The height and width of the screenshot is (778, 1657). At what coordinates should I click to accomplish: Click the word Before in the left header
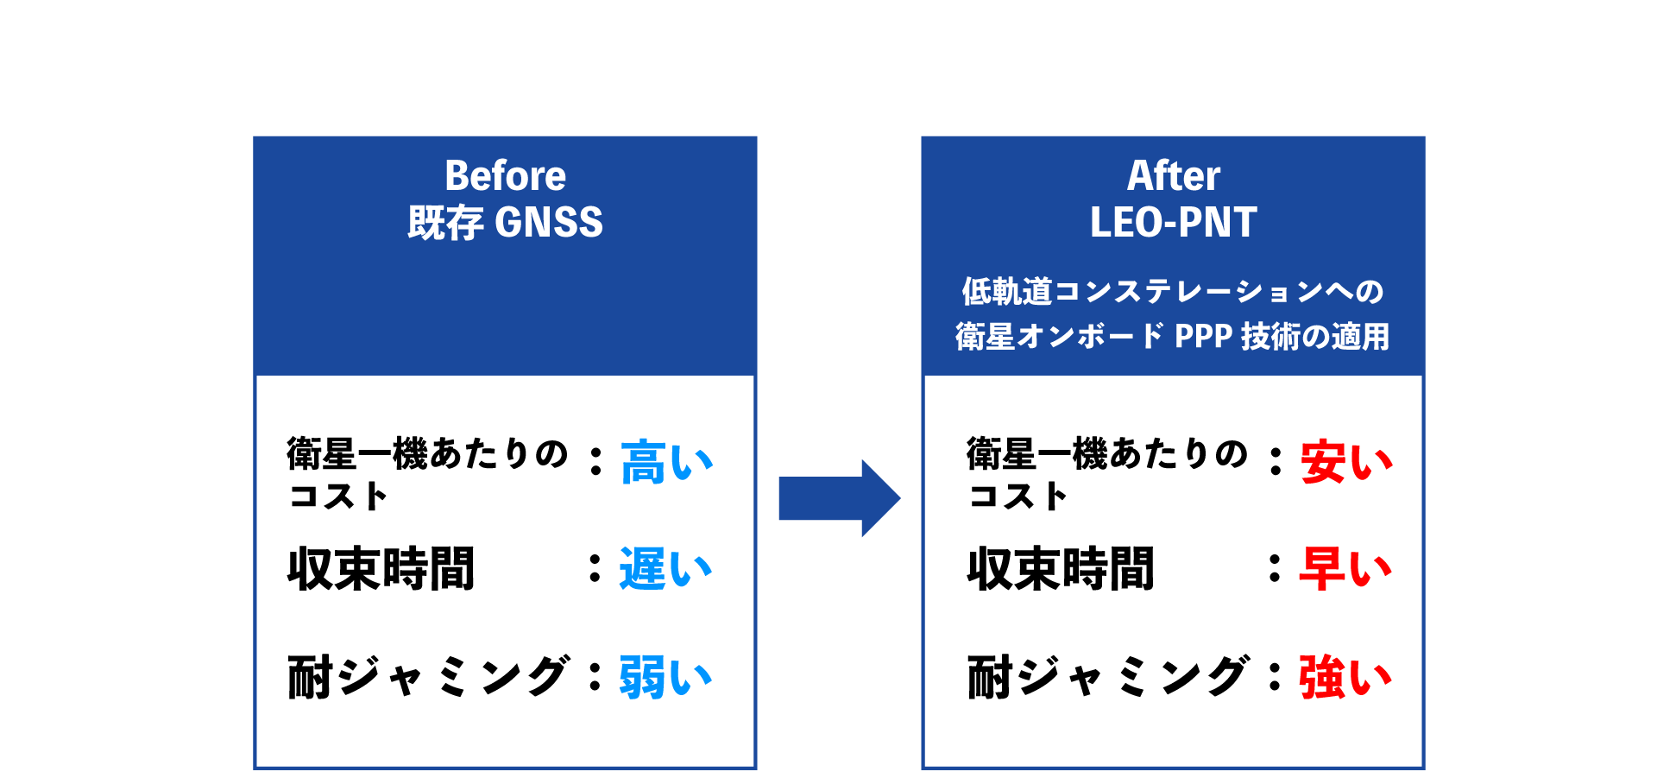tap(505, 176)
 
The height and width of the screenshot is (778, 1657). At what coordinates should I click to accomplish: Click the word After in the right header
tap(1173, 176)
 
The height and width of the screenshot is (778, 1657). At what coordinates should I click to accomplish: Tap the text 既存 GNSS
tap(505, 223)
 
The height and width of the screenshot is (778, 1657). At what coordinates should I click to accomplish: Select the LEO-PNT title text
tap(1173, 223)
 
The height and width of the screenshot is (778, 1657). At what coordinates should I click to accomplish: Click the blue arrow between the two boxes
tap(839, 498)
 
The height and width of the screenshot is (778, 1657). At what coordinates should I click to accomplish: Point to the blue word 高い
tap(666, 462)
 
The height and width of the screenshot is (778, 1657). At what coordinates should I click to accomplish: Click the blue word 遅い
tap(665, 569)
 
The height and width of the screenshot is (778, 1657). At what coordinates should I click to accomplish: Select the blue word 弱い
tap(665, 677)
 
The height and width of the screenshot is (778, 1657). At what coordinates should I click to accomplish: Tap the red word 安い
tap(1346, 462)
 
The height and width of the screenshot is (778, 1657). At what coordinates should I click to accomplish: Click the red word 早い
tap(1345, 569)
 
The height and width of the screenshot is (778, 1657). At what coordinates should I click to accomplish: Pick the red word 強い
tap(1345, 677)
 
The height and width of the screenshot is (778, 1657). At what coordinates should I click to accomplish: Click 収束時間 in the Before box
tap(381, 569)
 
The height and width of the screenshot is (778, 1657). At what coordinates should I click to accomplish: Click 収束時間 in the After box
tap(1061, 569)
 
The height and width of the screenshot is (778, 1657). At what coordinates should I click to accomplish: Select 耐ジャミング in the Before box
tap(428, 676)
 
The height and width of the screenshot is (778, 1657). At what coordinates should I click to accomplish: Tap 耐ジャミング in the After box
tap(1108, 676)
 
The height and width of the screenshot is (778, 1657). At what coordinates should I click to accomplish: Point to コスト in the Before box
tap(337, 497)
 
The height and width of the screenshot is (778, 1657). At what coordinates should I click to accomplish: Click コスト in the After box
tap(1018, 497)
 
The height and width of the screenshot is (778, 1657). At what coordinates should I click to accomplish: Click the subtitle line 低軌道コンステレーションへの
tap(1173, 292)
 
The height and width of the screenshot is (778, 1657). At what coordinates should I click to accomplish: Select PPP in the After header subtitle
tap(1203, 336)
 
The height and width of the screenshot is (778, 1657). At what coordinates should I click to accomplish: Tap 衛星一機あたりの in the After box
tap(1107, 454)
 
